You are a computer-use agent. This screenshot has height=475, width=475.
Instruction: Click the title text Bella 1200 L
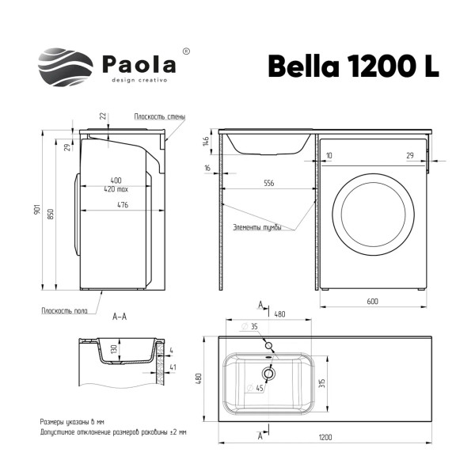pos(353,66)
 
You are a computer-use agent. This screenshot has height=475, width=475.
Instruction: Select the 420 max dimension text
pos(121,189)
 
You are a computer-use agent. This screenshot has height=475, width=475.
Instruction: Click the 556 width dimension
pos(269,184)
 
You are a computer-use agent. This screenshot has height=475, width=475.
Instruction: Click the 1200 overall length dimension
pos(325,438)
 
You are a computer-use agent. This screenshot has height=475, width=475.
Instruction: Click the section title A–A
pos(120,317)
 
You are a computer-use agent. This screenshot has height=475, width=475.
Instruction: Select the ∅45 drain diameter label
pos(254,388)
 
